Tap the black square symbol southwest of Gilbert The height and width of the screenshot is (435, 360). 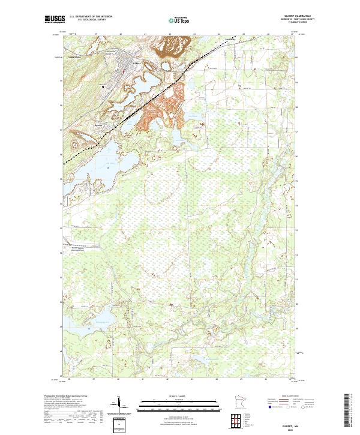tap(103, 86)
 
